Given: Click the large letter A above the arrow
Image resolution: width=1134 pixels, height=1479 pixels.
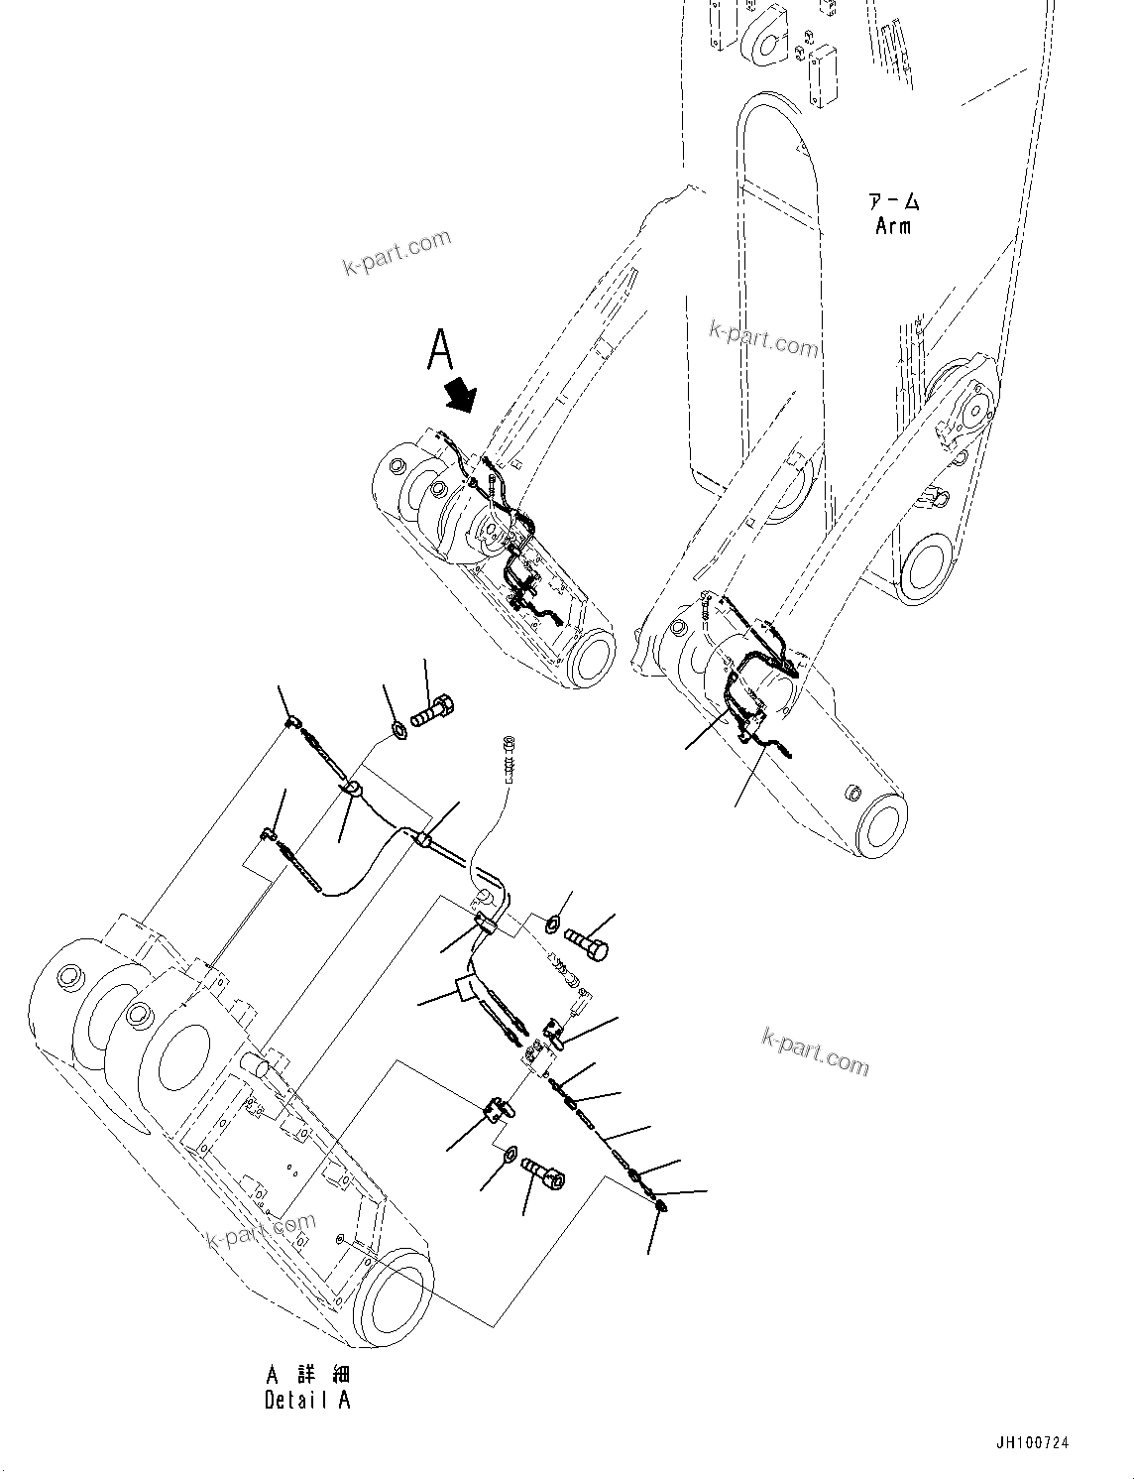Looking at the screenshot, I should pos(440,349).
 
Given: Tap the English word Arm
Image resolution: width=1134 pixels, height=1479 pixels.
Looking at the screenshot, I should pos(893,226).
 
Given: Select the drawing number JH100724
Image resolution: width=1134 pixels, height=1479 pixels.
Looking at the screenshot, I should pos(1034,1443).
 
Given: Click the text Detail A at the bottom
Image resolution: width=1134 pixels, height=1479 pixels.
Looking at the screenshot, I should pos(307,1400).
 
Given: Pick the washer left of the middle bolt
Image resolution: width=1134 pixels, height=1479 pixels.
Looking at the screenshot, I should pos(550,924).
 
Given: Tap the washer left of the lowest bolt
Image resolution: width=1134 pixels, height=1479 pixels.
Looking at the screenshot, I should pos(507,1155).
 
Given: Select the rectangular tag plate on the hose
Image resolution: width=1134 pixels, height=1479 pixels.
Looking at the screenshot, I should pos(466,988).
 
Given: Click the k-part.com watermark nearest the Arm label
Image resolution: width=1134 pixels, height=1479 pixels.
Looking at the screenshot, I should pos(764,339).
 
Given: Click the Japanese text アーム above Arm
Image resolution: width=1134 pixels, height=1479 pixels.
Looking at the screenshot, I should pos(894,202).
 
